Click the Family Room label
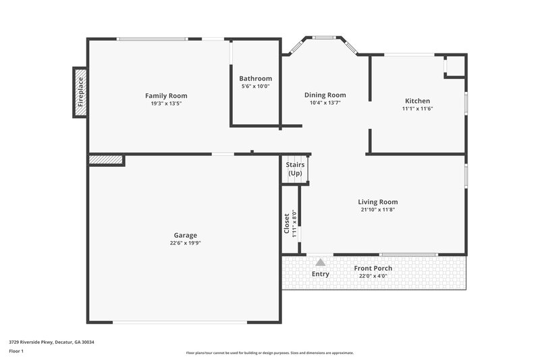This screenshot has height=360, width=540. coord(166,96)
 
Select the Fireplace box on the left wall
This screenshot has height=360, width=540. coord(80,93)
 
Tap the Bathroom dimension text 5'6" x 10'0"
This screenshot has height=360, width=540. coord(255,86)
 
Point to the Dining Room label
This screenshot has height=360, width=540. coord(325,95)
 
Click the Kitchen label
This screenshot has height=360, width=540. coord(416,101)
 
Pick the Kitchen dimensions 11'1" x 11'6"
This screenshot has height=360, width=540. coord(416,109)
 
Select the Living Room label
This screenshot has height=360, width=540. coord(377,202)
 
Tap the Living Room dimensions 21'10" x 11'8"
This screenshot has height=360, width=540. coord(377,210)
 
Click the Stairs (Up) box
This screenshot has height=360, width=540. coord(295,170)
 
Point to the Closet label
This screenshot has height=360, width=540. coord(287,224)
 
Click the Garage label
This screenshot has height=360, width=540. coord(185,235)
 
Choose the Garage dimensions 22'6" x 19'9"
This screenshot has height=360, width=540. coord(185,243)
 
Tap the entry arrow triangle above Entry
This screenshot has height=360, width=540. coord(321,262)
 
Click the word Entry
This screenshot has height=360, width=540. coord(321,274)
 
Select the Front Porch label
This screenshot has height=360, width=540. coord(373,268)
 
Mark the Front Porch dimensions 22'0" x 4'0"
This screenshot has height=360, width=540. coord(373,276)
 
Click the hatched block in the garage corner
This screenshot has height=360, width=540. coord(106,160)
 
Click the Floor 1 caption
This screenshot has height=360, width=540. coord(16,352)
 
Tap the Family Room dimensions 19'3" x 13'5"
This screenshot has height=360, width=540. coord(166,103)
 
